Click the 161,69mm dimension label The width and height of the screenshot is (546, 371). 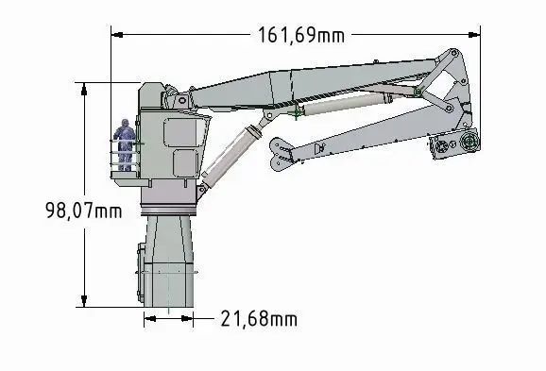click(x=301, y=35)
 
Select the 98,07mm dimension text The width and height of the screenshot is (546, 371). click(x=83, y=211)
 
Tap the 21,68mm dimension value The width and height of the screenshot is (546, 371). click(x=259, y=319)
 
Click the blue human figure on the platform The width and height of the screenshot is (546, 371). click(x=125, y=144)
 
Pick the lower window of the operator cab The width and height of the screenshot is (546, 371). click(x=186, y=163)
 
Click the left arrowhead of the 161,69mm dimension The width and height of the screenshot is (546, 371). click(x=117, y=35)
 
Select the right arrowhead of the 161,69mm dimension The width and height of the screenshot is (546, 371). click(x=474, y=35)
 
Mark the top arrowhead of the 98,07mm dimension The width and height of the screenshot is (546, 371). click(x=84, y=89)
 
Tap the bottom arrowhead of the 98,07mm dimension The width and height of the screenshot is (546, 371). click(x=84, y=301)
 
